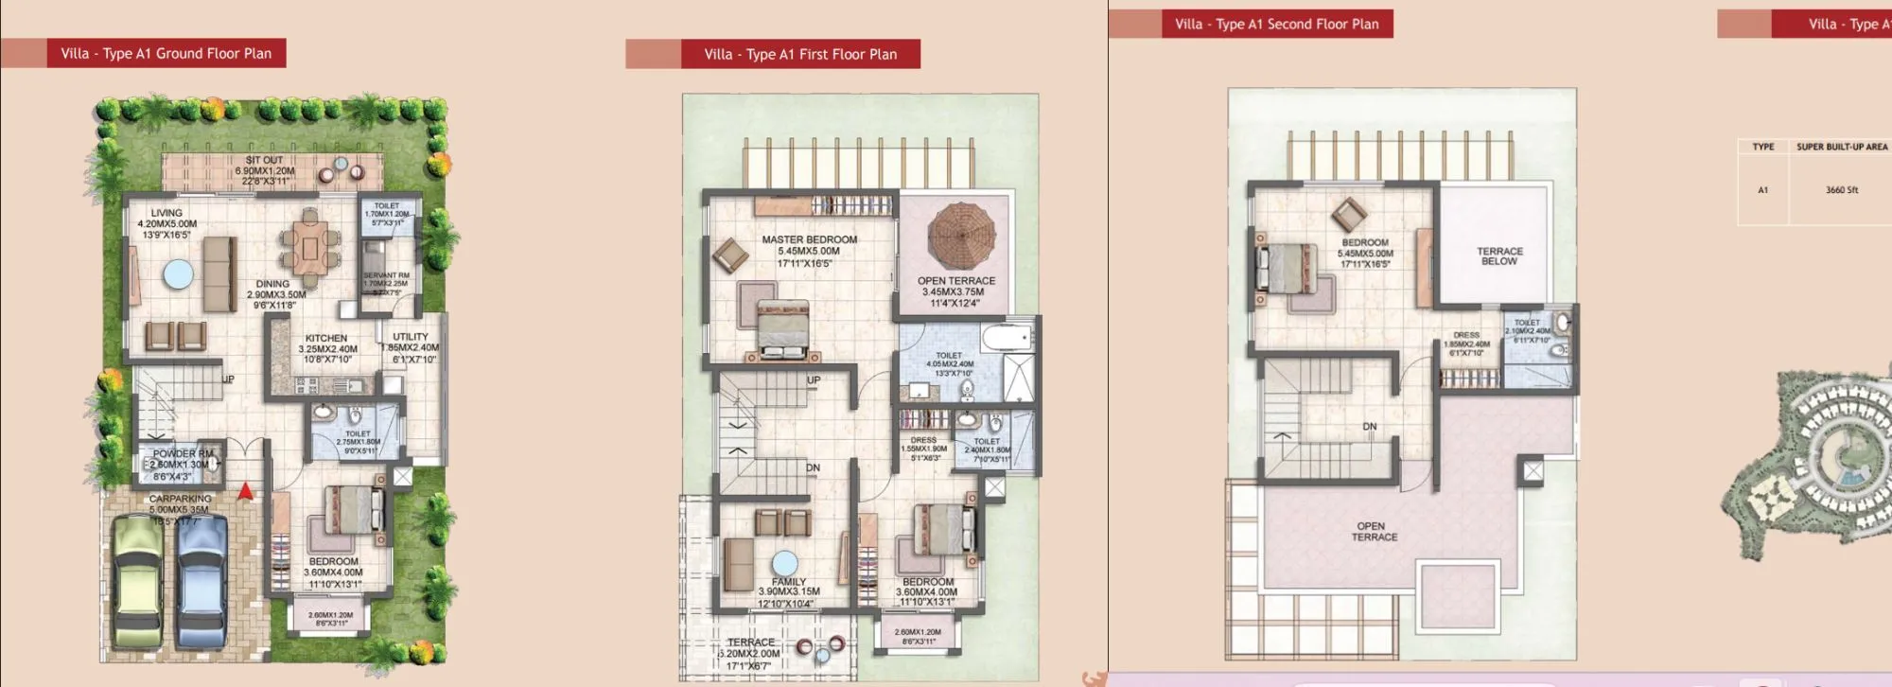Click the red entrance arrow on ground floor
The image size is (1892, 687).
click(x=245, y=491)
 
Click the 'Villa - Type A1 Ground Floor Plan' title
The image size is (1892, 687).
click(x=166, y=54)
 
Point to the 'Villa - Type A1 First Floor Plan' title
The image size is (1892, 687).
click(x=800, y=55)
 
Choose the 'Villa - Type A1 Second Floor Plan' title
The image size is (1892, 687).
click(x=1276, y=25)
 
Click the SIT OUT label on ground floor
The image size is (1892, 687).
click(x=264, y=160)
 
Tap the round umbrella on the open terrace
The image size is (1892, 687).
click(x=961, y=235)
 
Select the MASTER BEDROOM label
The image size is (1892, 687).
click(x=809, y=240)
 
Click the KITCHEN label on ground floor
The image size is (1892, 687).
click(x=326, y=338)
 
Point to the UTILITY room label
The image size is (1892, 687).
click(x=411, y=337)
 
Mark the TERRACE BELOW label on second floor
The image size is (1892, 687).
click(x=1499, y=256)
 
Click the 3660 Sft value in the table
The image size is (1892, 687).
click(x=1841, y=190)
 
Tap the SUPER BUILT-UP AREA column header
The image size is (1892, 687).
click(x=1841, y=147)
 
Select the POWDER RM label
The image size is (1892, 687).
click(x=183, y=453)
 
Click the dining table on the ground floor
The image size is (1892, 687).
click(x=310, y=249)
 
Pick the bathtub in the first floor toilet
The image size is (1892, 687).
click(x=1007, y=337)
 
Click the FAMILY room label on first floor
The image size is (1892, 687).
click(x=788, y=582)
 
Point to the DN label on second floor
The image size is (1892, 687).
click(x=1369, y=427)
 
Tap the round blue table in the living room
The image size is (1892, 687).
click(x=178, y=274)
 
